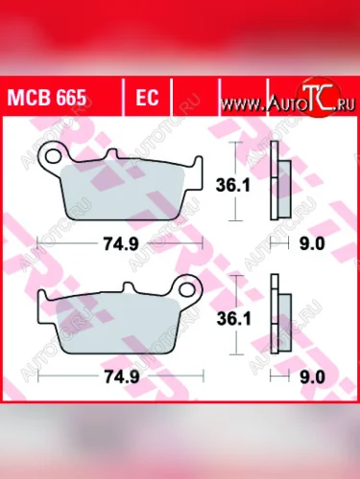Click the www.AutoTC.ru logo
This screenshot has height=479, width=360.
coord(293,99)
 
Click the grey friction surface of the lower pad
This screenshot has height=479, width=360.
coord(115,326)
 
